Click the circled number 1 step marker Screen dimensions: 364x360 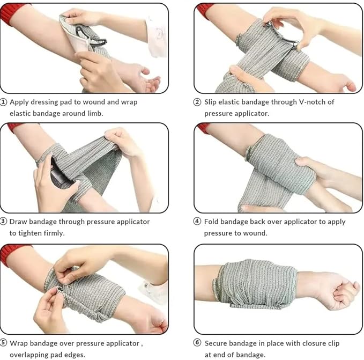[3, 102]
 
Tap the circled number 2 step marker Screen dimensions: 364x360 [197, 102]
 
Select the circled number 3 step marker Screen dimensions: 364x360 [3, 222]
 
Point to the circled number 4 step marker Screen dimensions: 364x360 [197, 222]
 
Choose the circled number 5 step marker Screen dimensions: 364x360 [3, 343]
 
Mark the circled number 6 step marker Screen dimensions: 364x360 [197, 343]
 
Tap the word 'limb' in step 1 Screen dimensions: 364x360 [94, 113]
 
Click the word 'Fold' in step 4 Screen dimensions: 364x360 [211, 222]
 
